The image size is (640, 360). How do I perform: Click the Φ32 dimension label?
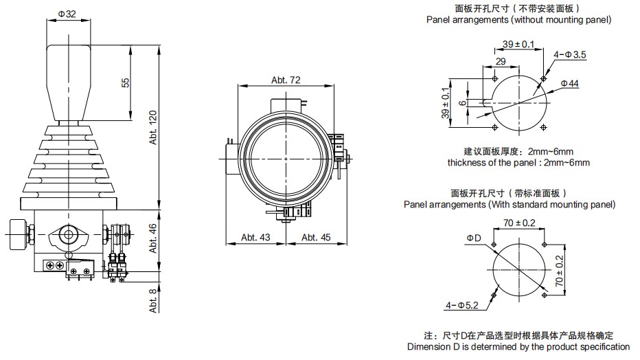tap(67, 13)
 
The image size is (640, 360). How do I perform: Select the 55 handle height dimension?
tap(126, 82)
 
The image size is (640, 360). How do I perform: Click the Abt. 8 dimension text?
tap(154, 300)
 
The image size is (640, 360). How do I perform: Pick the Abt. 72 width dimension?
tap(286, 80)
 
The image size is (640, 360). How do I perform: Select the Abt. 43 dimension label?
tap(255, 238)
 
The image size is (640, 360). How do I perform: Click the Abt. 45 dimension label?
tap(316, 238)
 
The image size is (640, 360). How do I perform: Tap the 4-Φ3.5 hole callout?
tap(570, 56)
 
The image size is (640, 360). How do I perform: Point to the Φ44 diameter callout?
tap(571, 83)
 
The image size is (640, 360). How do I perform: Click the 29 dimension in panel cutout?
tap(501, 62)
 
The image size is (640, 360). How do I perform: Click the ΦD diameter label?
tap(475, 238)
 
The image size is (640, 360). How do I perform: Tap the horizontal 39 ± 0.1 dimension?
tap(518, 44)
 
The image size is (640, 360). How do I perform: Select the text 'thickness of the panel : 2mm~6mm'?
tap(518, 163)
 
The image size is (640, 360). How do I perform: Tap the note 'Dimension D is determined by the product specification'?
tap(518, 347)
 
